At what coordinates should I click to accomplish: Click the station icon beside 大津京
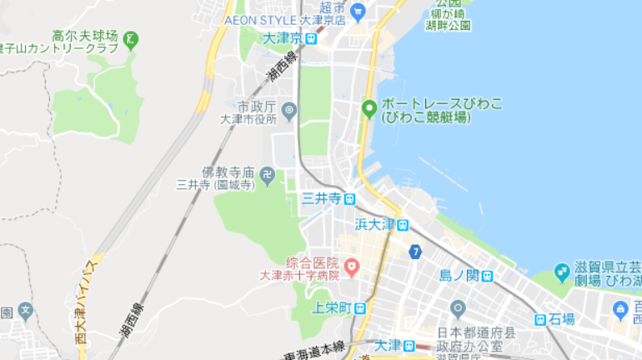(311, 38)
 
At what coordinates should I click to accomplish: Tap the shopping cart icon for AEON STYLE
(358, 12)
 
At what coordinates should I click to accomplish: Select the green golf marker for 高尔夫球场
(131, 38)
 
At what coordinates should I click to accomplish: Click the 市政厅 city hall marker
(289, 109)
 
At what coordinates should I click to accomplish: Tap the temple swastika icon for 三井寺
(267, 174)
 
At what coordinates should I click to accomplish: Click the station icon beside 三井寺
(349, 199)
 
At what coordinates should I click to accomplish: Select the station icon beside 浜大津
(403, 224)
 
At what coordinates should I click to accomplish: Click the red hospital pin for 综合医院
(352, 267)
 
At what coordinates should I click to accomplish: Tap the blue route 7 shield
(415, 251)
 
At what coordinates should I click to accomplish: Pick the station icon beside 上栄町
(359, 307)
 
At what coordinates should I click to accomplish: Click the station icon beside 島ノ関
(484, 275)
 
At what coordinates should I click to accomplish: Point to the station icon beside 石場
(541, 319)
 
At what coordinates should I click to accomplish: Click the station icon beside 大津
(409, 345)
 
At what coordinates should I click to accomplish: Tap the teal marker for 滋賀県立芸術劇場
(563, 272)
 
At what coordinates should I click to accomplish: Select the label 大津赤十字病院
(300, 275)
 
